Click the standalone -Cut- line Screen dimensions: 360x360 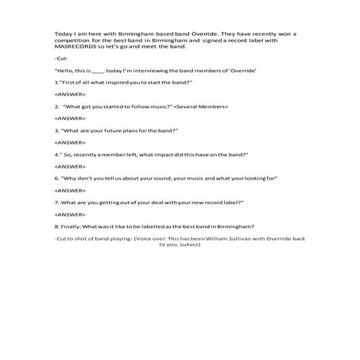coord(61,60)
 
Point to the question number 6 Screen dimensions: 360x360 coord(56,179)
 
